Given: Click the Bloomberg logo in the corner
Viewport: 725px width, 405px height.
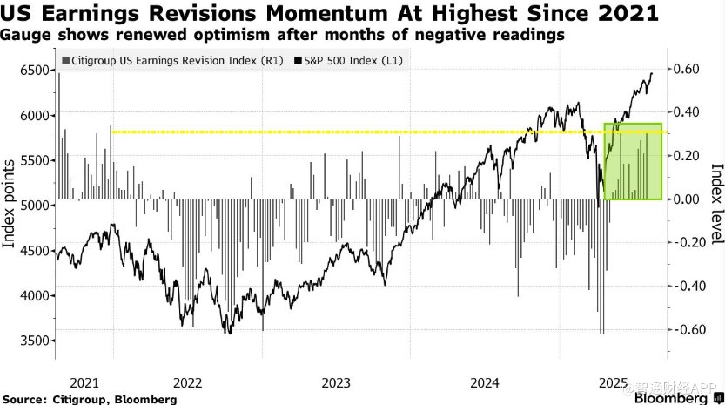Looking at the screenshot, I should (x=670, y=397).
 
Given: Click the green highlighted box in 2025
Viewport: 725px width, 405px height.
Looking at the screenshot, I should (x=633, y=162).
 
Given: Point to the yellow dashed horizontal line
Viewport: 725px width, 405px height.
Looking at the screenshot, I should (x=348, y=132).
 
